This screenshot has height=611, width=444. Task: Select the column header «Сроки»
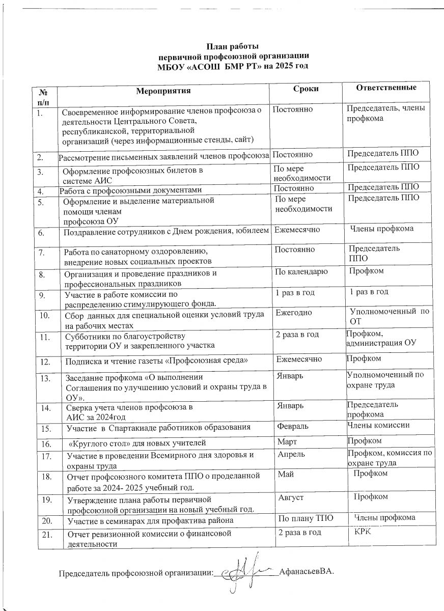point(306,89)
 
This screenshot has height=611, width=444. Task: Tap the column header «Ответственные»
point(386,88)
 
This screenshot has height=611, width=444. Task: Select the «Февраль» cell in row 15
point(291,426)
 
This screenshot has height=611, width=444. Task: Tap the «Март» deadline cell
point(286,440)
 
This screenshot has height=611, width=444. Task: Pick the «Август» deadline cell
point(291,496)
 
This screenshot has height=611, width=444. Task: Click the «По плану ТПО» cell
point(304,518)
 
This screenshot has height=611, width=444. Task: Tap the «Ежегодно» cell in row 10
point(294,313)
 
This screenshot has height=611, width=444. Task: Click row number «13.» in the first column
point(46,378)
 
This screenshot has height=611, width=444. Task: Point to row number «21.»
point(47,534)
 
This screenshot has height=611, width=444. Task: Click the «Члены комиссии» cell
point(378,425)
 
